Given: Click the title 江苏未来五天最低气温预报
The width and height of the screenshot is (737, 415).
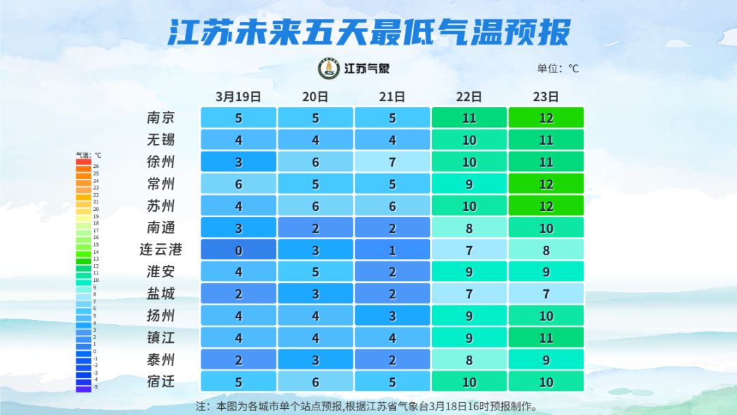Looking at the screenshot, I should point(369,32).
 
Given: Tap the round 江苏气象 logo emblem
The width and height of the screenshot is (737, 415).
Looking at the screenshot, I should point(330,68).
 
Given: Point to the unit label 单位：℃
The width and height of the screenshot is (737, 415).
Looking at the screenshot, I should point(558,68).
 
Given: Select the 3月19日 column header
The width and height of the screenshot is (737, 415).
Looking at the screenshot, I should point(238,96).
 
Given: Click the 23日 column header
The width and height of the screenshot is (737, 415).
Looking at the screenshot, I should point(546,96).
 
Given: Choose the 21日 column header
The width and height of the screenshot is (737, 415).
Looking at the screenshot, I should point(392,96).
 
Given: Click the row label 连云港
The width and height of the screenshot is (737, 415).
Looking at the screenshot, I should point(161,249).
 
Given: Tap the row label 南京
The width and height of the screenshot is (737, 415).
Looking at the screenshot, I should point(161,117).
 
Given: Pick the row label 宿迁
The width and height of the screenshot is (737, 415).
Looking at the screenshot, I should point(161,381).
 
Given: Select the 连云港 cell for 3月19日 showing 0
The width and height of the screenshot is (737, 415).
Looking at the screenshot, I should point(238,250).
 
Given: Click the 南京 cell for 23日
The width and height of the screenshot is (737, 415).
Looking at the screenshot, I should point(546,117).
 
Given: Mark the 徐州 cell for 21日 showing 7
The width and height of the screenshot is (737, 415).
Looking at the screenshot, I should point(392,162).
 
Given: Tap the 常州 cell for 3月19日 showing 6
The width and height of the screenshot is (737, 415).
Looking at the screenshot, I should point(238,184).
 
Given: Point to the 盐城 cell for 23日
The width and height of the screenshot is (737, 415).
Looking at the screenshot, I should point(546,294).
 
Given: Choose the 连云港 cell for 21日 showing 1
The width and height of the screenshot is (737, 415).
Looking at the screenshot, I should point(392,250).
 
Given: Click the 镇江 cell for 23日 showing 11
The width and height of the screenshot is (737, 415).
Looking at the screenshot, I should point(546,337).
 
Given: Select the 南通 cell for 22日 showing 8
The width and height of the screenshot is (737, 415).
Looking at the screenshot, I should point(469,227).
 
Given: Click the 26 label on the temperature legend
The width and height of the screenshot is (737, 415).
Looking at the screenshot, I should point(96,166).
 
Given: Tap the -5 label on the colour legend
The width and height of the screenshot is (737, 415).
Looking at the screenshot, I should point(96,387).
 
